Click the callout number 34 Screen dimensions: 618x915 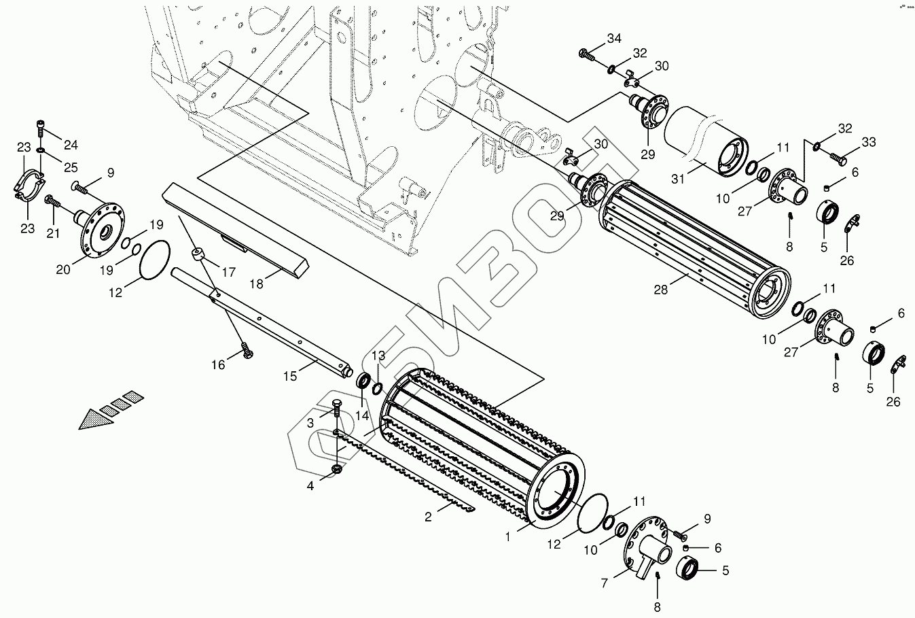click(x=614, y=39)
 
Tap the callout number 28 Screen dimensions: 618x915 click(x=660, y=289)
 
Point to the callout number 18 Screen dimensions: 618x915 click(x=256, y=284)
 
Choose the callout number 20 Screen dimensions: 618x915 click(x=63, y=269)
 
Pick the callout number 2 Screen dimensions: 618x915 click(x=428, y=517)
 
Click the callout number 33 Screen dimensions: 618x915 click(x=869, y=142)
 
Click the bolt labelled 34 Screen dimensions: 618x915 click(x=586, y=54)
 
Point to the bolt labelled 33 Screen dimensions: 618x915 click(x=836, y=158)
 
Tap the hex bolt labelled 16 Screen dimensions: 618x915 click(x=246, y=351)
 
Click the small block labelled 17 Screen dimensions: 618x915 click(x=199, y=254)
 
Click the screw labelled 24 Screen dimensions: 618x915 click(x=41, y=126)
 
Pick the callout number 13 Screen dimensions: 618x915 click(x=378, y=356)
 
